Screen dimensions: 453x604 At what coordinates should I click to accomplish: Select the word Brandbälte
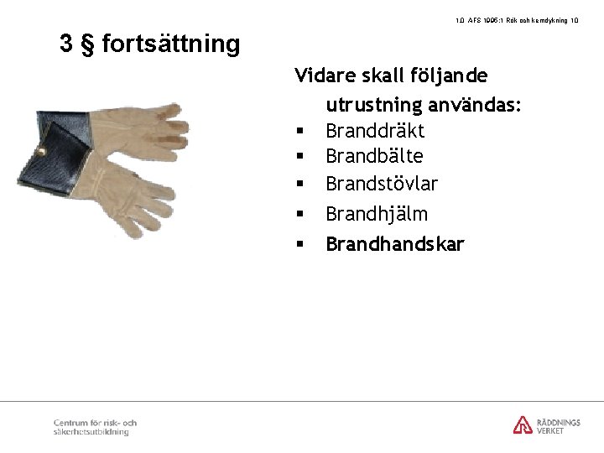point(373,156)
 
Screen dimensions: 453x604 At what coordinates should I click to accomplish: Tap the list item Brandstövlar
point(381,183)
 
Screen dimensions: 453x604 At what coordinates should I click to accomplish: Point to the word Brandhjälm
point(376,214)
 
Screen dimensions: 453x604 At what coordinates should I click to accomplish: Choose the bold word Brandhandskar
point(394,244)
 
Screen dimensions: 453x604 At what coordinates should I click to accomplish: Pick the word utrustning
point(374,106)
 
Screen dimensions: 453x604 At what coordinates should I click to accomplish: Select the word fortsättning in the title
point(171,44)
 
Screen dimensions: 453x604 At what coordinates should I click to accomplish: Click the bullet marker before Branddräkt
point(299,132)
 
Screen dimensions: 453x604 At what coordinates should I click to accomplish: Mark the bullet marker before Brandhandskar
point(299,245)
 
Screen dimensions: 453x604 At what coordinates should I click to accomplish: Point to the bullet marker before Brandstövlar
point(299,184)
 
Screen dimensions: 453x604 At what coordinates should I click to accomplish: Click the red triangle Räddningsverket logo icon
point(523,424)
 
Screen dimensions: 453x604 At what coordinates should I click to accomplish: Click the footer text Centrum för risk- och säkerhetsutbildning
point(95,427)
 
